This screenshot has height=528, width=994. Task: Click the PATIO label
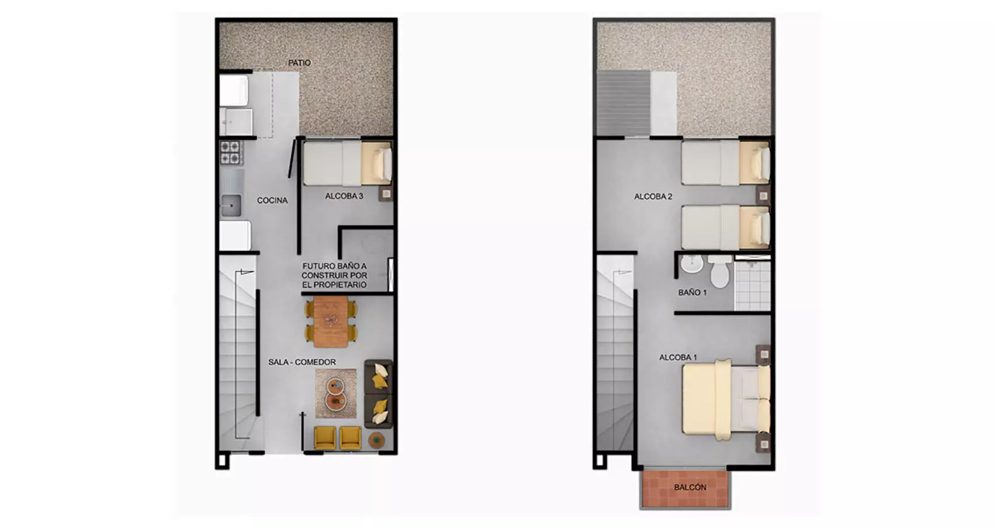(x=300, y=63)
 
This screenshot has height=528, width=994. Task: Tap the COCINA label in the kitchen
(x=272, y=201)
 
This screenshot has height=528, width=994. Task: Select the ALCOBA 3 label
(x=344, y=196)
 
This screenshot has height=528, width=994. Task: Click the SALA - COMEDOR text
(x=302, y=363)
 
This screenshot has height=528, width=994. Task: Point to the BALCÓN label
(x=690, y=488)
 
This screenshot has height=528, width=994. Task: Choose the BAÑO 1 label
(x=692, y=292)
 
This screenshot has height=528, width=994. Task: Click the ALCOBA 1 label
(x=678, y=357)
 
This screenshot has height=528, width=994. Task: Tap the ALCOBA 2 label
(x=653, y=196)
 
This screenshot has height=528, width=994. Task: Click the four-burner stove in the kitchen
(x=230, y=152)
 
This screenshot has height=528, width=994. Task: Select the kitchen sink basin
(x=231, y=206)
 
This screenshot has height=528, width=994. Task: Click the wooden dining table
(x=331, y=322)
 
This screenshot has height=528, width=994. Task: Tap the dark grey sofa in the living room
(x=379, y=394)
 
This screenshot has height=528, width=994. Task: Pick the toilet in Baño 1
(x=719, y=271)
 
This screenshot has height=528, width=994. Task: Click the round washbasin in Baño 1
(x=692, y=264)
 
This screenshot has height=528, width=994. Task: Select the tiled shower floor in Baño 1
(x=753, y=286)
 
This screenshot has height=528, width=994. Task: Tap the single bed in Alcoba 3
(x=348, y=163)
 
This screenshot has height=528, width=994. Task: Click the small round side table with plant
(x=377, y=440)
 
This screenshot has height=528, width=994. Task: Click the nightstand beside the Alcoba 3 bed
(x=386, y=194)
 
